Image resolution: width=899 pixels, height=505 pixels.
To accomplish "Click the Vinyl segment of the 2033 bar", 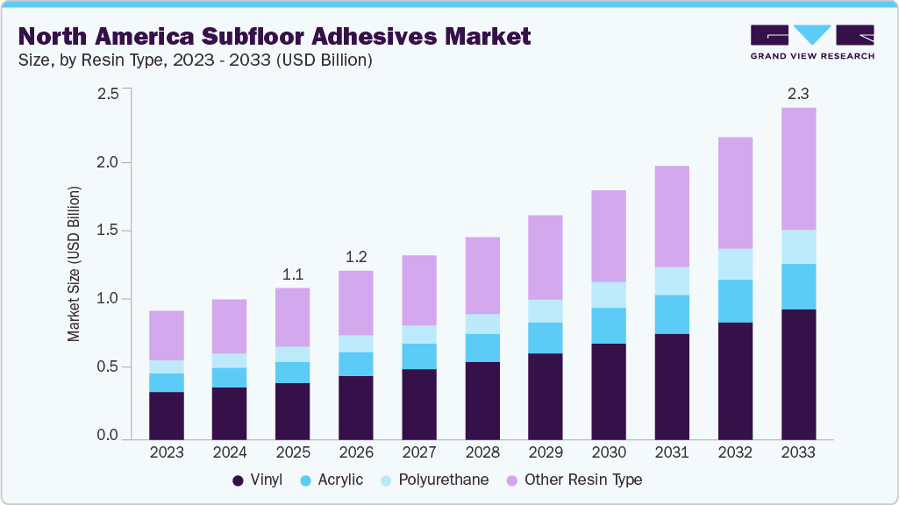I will [798, 373].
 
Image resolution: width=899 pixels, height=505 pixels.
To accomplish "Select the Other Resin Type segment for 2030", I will [609, 236].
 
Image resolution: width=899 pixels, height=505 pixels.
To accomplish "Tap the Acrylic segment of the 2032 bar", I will [735, 301].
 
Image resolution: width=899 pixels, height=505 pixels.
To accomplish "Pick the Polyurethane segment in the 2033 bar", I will [798, 246].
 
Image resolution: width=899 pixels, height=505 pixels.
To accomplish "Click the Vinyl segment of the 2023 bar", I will [167, 415].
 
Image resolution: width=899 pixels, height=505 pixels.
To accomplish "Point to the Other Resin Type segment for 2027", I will [419, 290].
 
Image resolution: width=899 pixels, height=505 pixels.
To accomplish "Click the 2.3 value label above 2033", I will [798, 93].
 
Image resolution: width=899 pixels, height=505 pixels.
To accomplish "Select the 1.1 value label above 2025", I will [293, 274].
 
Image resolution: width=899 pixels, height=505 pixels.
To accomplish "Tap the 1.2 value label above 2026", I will [356, 256].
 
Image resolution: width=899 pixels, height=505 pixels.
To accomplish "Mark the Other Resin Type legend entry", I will [574, 480].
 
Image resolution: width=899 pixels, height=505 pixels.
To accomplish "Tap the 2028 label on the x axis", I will [482, 452].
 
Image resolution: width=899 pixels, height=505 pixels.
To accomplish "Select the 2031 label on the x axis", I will [672, 452].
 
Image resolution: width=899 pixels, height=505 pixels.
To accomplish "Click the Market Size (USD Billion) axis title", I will [74, 264].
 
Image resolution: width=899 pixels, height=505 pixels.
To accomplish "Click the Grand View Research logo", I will [811, 42].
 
